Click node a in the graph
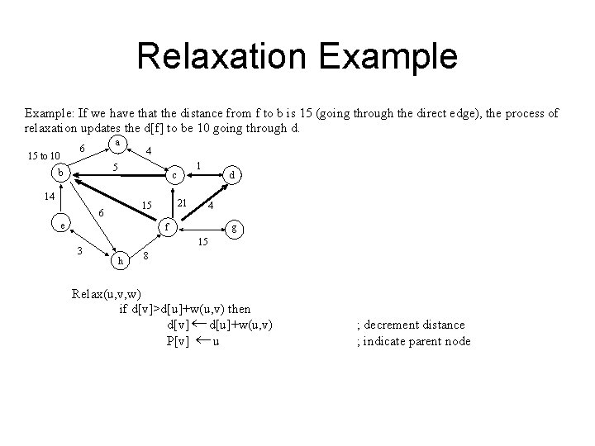click(x=119, y=143)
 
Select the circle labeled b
click(x=59, y=173)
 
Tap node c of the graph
click(x=174, y=176)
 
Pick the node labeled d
click(x=234, y=174)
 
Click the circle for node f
click(x=167, y=225)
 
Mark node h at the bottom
click(x=121, y=261)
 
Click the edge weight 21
click(x=183, y=204)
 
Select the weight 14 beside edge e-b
click(x=49, y=196)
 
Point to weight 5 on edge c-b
click(x=115, y=167)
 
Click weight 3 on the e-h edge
click(x=79, y=250)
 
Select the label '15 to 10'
click(x=43, y=155)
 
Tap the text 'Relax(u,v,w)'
click(x=105, y=293)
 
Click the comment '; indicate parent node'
click(x=413, y=341)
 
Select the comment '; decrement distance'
click(x=411, y=325)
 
